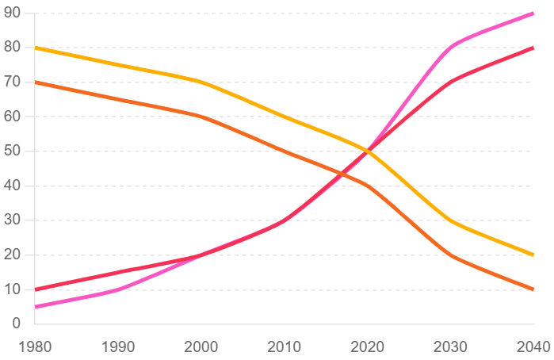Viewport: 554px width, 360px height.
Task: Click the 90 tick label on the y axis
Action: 12,13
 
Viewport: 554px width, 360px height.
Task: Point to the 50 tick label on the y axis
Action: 12,151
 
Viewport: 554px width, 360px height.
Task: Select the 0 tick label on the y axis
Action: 16,324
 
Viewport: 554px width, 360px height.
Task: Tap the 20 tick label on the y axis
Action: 12,255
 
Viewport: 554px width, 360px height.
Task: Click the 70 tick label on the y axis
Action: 12,82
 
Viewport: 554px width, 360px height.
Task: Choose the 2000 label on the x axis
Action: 200,347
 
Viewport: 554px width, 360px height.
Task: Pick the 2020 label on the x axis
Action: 367,347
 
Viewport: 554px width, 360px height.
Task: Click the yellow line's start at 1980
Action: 36,48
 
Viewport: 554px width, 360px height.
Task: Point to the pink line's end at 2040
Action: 533,13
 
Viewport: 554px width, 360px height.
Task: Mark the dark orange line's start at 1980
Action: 36,82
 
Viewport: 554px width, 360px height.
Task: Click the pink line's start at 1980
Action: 36,306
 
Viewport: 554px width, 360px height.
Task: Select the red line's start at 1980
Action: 36,289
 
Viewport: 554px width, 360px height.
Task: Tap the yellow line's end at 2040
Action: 533,255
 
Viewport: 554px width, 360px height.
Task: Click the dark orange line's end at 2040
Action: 533,289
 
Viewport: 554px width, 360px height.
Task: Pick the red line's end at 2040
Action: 533,48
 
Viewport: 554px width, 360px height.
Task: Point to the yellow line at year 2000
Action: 200,82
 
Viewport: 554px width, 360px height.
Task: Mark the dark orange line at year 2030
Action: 450,255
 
